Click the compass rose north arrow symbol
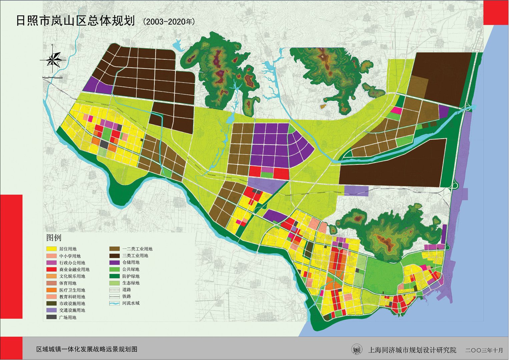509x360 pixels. tap(52, 60)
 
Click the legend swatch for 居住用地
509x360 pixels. tap(51, 249)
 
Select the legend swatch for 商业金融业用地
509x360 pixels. tap(51, 269)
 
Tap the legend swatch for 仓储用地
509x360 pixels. tap(114, 262)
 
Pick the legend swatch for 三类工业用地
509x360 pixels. tap(114, 256)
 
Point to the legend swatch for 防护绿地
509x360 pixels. tap(114, 276)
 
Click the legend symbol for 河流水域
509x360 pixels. tap(114, 303)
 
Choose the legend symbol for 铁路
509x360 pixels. tap(114, 296)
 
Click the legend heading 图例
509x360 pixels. tap(54, 238)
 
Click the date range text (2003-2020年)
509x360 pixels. tap(168, 22)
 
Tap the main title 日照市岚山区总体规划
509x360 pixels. tap(75, 21)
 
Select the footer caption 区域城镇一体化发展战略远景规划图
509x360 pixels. tap(87, 349)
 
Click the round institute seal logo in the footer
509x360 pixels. tap(357, 350)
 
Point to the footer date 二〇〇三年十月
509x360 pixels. tap(484, 350)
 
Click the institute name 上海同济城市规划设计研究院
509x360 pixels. tap(412, 350)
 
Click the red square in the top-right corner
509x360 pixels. tap(496, 12)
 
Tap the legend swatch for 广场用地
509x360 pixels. tap(51, 317)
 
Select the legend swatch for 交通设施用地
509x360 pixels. tap(51, 310)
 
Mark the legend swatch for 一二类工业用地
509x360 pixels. tap(114, 249)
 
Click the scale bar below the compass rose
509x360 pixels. tap(52, 78)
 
